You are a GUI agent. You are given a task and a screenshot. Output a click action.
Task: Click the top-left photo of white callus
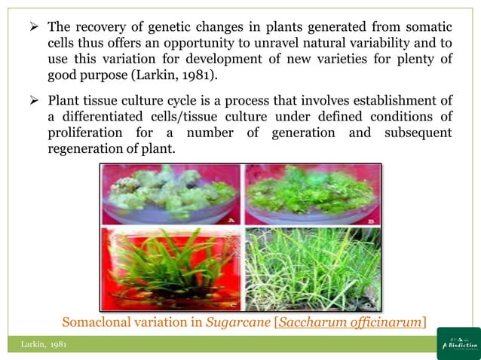tap(170, 195)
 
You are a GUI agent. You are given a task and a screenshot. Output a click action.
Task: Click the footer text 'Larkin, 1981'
tap(44, 344)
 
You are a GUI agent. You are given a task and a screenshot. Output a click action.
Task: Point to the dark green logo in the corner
tap(458, 343)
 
